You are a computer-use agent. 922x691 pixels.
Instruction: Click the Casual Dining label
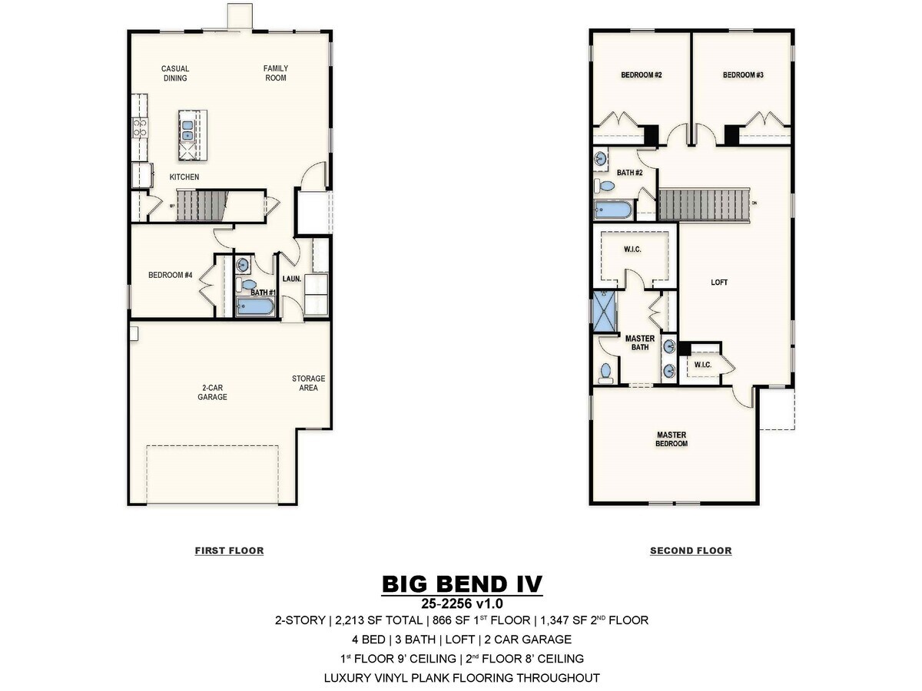click(x=175, y=74)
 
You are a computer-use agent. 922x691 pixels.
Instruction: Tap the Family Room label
click(x=276, y=73)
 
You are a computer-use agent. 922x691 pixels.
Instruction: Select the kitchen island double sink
click(x=187, y=131)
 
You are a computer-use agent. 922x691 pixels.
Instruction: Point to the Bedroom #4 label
click(x=170, y=275)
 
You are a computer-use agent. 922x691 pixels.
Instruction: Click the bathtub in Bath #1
click(x=254, y=306)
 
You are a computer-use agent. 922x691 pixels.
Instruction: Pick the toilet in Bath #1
click(x=246, y=284)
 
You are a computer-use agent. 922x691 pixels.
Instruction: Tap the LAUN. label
click(x=291, y=279)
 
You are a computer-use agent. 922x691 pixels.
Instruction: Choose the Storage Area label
click(x=308, y=383)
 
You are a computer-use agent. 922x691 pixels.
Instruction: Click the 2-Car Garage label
click(x=213, y=392)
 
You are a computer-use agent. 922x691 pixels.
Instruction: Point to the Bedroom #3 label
click(x=743, y=75)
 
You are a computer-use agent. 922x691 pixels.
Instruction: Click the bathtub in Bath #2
click(x=613, y=210)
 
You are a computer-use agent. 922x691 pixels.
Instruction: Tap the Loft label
click(x=719, y=283)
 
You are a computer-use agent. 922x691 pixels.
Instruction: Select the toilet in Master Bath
click(x=605, y=373)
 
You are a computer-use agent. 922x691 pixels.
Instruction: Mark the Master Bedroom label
click(x=672, y=439)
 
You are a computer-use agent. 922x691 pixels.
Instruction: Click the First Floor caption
click(x=229, y=550)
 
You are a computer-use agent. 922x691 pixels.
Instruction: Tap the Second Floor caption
click(x=691, y=550)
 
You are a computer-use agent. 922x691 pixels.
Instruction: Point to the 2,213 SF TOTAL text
click(x=379, y=620)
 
